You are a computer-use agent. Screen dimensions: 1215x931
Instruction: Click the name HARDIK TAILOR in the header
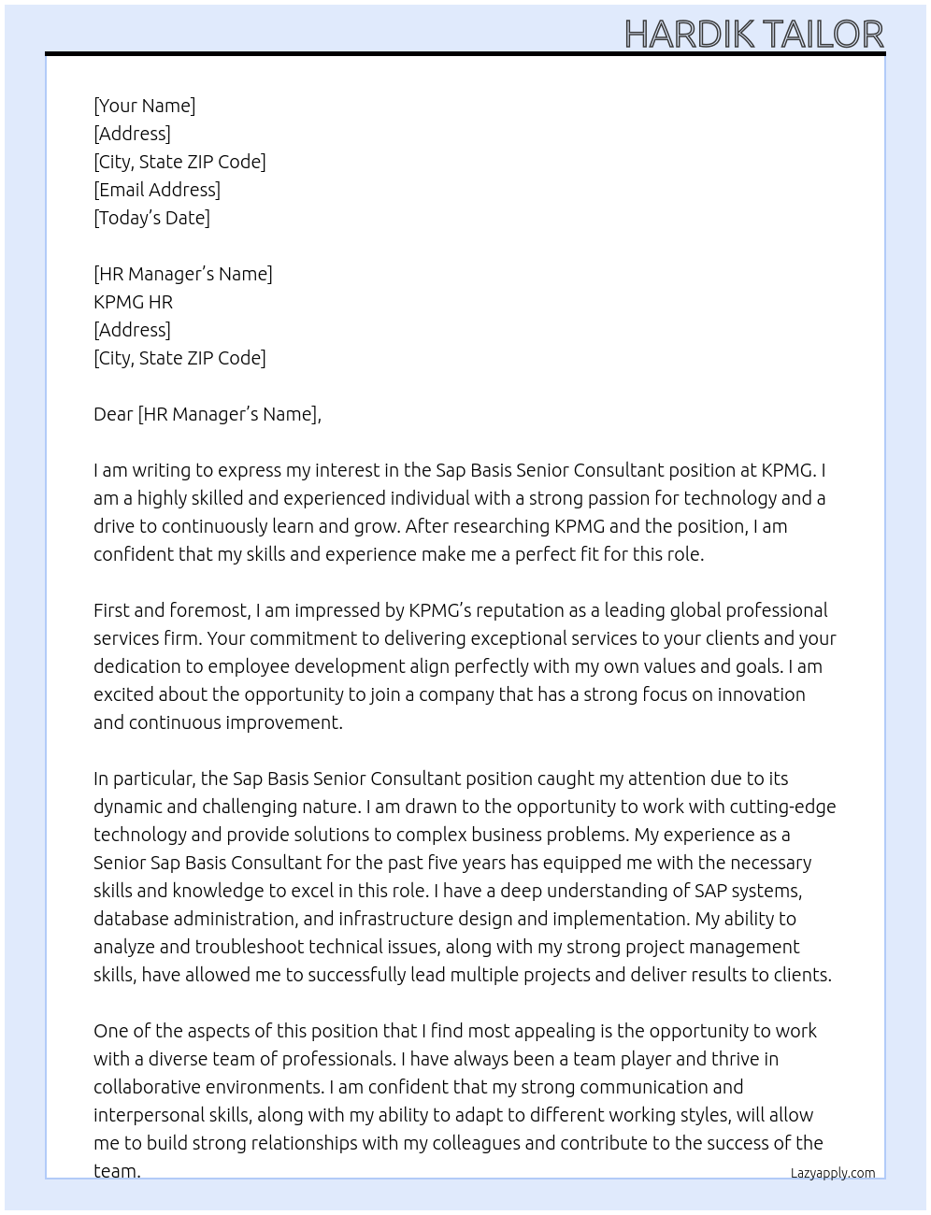coord(753,35)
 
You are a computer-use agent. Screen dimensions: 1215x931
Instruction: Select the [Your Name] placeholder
coord(144,106)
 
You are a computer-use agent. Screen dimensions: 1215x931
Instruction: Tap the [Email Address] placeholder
coord(157,190)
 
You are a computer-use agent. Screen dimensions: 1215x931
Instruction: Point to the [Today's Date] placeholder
coord(151,218)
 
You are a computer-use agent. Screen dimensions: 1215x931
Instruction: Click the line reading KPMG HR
coord(133,302)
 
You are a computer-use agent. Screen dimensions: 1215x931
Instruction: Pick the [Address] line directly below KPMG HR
coord(132,330)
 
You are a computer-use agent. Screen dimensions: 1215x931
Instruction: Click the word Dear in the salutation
coord(113,414)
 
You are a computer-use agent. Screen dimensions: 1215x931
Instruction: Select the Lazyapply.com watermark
coord(832,1173)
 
